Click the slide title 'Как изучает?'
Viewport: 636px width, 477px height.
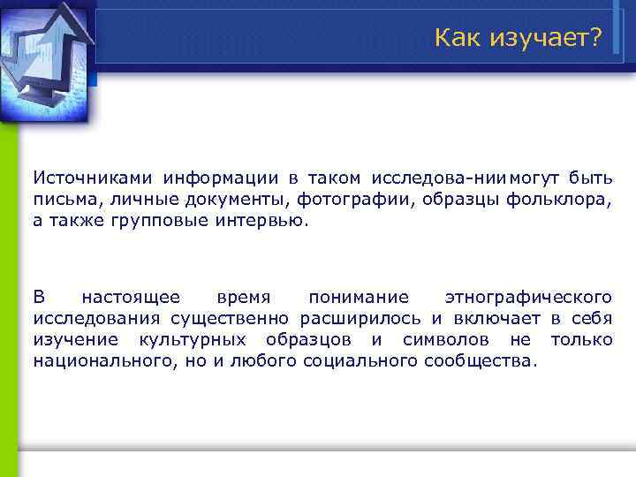(518, 37)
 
